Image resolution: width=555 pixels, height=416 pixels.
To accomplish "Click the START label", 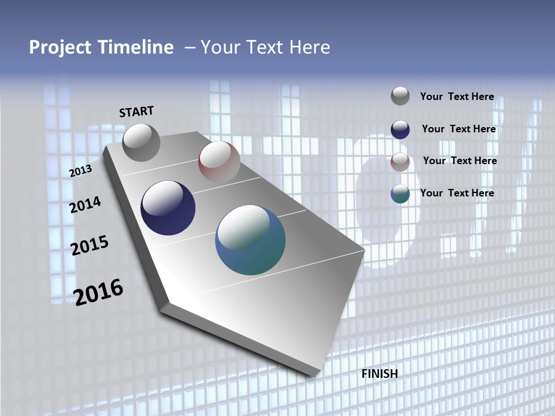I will pyautogui.click(x=136, y=112).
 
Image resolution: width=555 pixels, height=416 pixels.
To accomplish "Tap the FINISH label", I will pyautogui.click(x=379, y=374).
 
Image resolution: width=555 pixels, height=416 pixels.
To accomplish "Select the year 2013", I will pyautogui.click(x=81, y=171).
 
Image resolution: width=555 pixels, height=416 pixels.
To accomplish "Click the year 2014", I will pyautogui.click(x=86, y=205).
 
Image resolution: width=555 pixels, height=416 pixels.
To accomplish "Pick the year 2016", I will pyautogui.click(x=98, y=292).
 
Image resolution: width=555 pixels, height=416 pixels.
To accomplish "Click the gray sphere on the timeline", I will pyautogui.click(x=141, y=142).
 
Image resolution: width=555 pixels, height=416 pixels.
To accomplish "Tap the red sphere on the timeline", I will pyautogui.click(x=219, y=161).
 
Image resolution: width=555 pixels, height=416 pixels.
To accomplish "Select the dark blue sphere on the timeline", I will pyautogui.click(x=168, y=208).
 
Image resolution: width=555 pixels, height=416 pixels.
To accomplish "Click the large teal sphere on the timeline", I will pyautogui.click(x=250, y=240).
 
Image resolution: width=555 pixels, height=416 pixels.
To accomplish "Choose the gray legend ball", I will pyautogui.click(x=400, y=96).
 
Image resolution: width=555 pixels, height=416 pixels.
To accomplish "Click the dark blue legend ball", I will pyautogui.click(x=400, y=129).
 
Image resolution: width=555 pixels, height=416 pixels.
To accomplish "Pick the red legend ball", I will pyautogui.click(x=400, y=161).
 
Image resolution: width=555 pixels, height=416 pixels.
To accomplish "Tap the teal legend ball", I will pyautogui.click(x=400, y=194).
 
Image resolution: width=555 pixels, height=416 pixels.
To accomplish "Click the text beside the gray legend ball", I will pyautogui.click(x=457, y=96).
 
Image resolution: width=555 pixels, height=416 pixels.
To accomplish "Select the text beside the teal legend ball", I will pyautogui.click(x=457, y=193).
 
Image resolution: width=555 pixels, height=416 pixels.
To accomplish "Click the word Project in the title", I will pyautogui.click(x=60, y=47).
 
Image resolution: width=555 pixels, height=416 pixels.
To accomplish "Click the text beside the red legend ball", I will pyautogui.click(x=460, y=161).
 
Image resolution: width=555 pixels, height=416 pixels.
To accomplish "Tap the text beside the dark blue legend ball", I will pyautogui.click(x=458, y=129).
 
